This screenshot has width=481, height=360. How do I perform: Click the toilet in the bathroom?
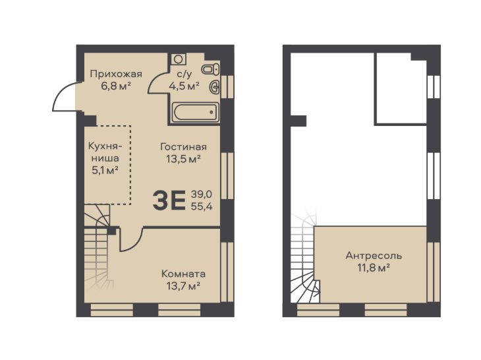coord(210,69)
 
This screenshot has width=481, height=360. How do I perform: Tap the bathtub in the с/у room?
coord(196,112)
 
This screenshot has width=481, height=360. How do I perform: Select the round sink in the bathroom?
coord(214,87)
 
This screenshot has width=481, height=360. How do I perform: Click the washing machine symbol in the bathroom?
coord(178,59)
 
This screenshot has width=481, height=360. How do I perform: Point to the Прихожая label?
coord(116,74)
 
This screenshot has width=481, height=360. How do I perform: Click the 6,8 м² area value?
coord(116,86)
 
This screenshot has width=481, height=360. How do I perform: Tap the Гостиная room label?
coord(183,146)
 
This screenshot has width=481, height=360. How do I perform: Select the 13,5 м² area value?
coord(183,159)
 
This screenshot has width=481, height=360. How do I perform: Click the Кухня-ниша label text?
coord(105,152)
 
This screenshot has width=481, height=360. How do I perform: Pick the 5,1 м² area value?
coord(105,170)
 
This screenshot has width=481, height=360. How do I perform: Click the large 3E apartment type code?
coord(169,200)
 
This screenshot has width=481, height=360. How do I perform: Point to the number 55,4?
coord(202,206)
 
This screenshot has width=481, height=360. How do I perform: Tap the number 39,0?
coord(202,194)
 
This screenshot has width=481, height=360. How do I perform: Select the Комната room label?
coord(183,274)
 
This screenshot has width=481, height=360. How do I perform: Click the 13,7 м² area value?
coord(183,286)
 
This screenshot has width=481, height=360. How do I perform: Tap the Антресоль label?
coord(374,255)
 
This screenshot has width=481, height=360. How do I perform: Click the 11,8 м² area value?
coord(374,268)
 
